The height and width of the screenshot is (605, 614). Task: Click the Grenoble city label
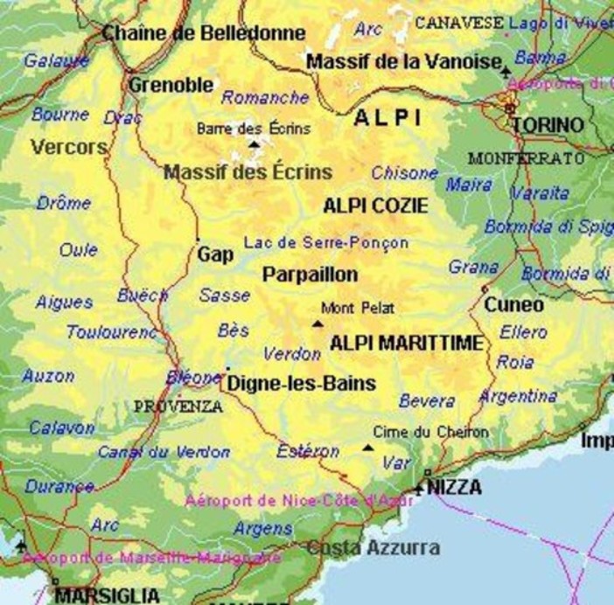(x=171, y=85)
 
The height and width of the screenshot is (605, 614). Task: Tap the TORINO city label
(x=548, y=125)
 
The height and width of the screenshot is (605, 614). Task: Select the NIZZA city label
(x=454, y=488)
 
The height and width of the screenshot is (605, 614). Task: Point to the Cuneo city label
(x=514, y=305)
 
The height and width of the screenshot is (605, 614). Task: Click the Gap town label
(x=215, y=254)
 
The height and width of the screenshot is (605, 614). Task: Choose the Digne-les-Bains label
(x=301, y=383)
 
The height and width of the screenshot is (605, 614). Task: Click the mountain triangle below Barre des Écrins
(x=255, y=144)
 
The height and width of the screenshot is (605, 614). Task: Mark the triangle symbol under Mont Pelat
(x=317, y=324)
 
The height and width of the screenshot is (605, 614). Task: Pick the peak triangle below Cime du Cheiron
(x=367, y=449)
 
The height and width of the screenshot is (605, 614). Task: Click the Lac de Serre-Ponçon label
(x=326, y=242)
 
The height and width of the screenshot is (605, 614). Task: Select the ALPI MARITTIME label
(x=405, y=344)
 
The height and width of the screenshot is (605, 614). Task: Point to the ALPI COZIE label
(x=375, y=206)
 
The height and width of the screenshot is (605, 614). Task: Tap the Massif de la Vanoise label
(x=403, y=62)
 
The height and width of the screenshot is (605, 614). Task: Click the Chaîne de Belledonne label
(x=204, y=33)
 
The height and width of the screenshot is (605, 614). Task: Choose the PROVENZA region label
(x=178, y=407)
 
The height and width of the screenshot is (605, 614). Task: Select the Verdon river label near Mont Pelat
(x=292, y=354)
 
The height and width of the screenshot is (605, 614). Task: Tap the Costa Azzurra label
(x=373, y=548)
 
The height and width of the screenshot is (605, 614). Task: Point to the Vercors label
(x=69, y=146)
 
